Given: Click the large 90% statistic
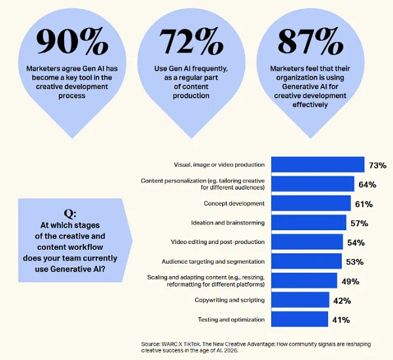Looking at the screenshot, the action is (x=72, y=41).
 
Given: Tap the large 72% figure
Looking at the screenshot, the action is (x=191, y=41).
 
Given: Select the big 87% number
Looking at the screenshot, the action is (x=310, y=41).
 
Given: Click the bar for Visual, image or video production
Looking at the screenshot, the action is (x=318, y=165).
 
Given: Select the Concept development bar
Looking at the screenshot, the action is (x=311, y=203).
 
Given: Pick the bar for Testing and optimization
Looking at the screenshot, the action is (x=299, y=319).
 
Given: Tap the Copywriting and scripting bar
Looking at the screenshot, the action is (x=300, y=300).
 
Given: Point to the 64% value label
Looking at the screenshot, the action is (x=367, y=185).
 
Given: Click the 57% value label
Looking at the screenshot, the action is (x=359, y=223).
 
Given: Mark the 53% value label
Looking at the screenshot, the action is (x=354, y=262).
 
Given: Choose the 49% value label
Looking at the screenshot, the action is (x=350, y=281).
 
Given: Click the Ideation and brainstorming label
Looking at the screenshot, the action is (x=228, y=223).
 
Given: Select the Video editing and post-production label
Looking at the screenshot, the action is (x=218, y=242).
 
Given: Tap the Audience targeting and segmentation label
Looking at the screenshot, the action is (x=213, y=262).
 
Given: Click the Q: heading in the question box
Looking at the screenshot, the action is (x=70, y=214).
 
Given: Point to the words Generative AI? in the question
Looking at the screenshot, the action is (x=78, y=270).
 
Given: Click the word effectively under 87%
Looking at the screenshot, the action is (x=310, y=105).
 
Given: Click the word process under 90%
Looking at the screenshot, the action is (x=72, y=96).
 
